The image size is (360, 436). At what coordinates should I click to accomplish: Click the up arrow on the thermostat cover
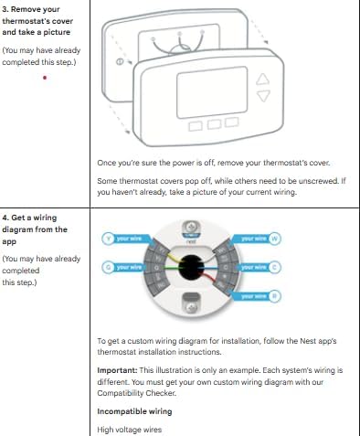tap(264, 79)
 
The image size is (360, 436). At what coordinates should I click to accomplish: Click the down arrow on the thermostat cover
tap(264, 94)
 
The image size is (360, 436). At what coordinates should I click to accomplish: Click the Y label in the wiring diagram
tap(108, 239)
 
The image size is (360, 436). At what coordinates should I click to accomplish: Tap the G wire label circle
tap(108, 267)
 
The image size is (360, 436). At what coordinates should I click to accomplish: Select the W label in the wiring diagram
tap(275, 239)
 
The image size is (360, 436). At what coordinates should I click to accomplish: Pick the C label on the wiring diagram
tap(275, 267)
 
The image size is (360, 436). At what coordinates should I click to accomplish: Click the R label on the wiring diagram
tap(275, 295)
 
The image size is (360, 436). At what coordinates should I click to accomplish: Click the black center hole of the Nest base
tap(192, 266)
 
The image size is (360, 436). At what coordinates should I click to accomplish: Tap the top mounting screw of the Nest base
tap(192, 226)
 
